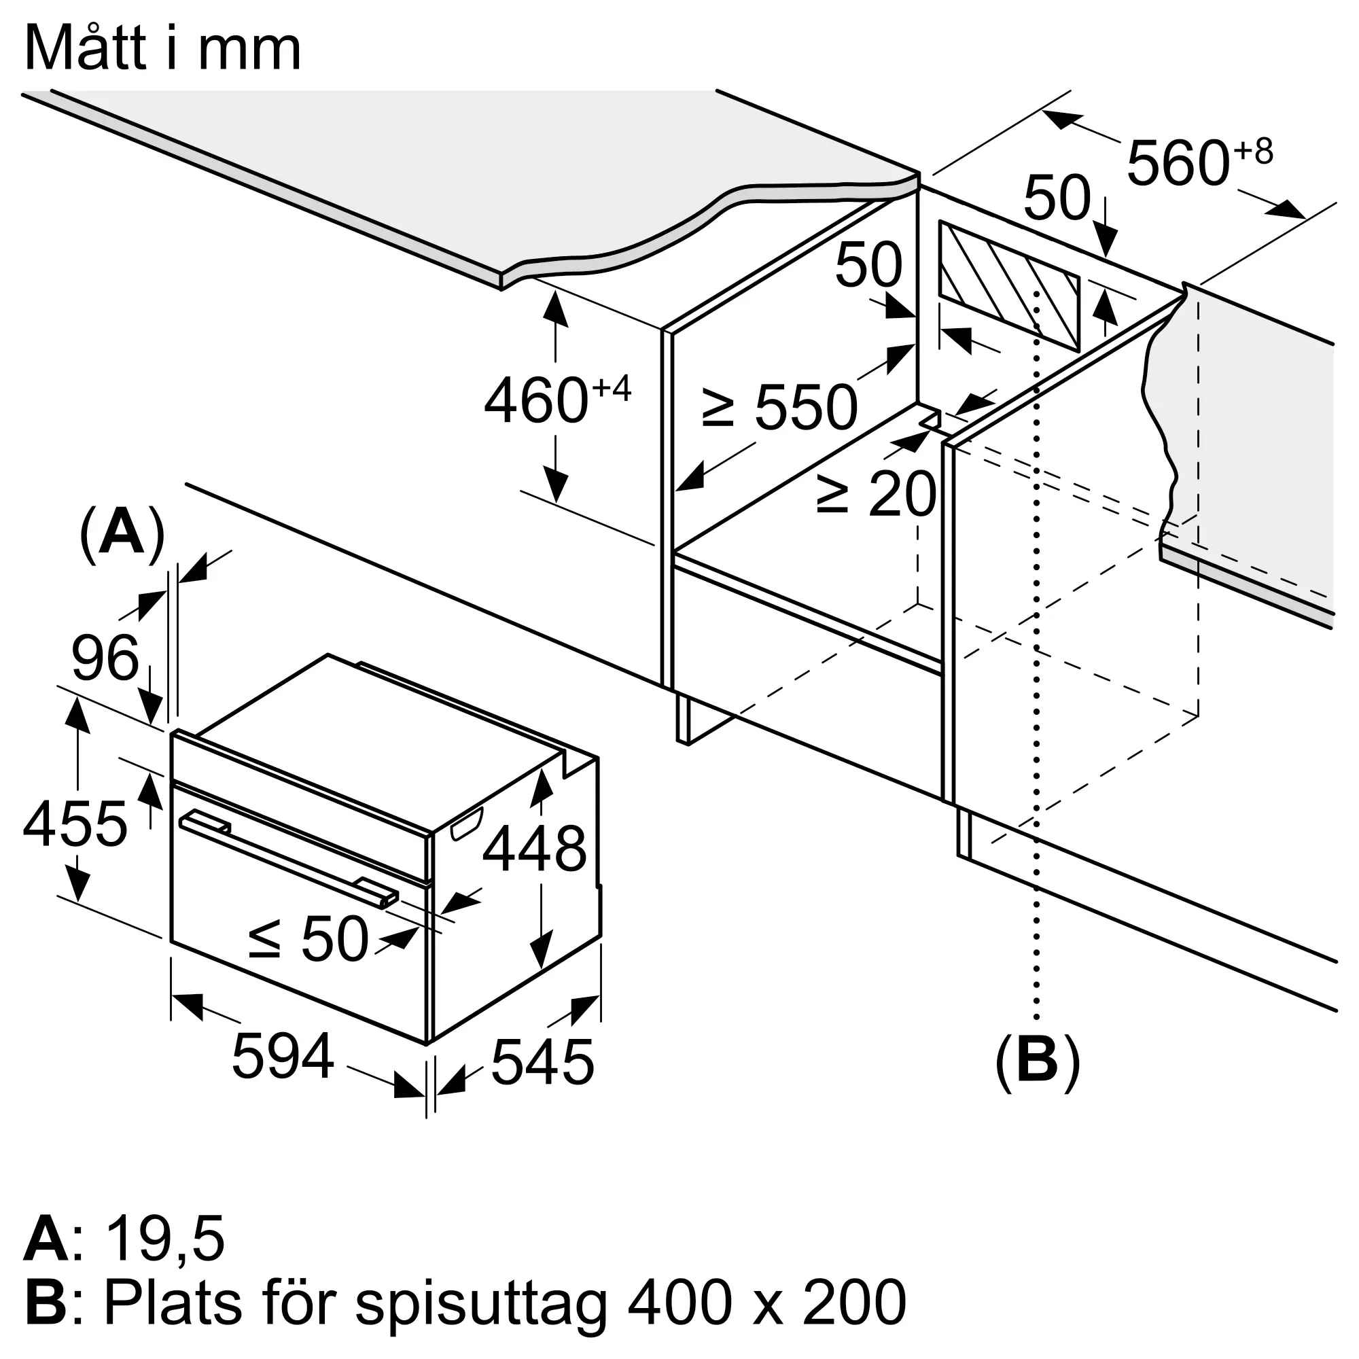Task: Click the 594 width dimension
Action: click(283, 1056)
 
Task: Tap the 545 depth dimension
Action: click(542, 1062)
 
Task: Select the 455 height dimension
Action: click(75, 824)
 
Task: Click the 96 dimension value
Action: click(105, 658)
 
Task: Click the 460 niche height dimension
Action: click(557, 399)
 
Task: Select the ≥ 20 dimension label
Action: click(877, 493)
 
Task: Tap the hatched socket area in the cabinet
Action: click(1010, 287)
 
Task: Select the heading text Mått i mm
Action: click(163, 48)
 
